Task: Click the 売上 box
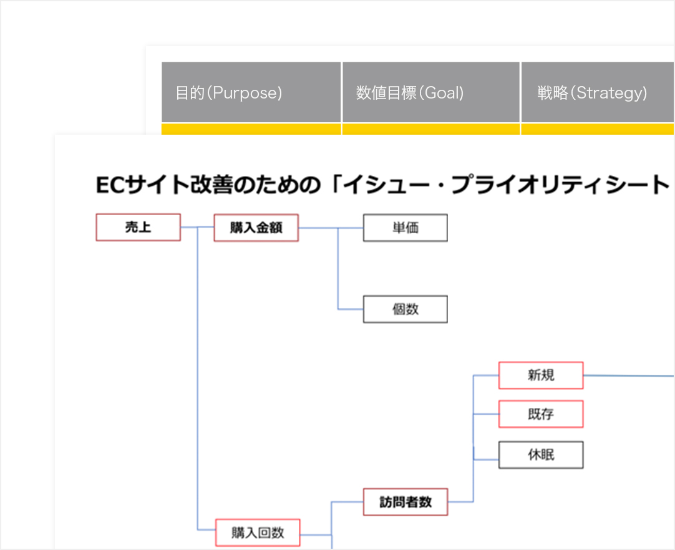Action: coord(138,228)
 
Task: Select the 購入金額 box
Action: coord(256,228)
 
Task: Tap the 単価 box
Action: coord(405,228)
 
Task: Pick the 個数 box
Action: coord(405,309)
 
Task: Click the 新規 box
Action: coord(540,375)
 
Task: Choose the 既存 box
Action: coord(540,414)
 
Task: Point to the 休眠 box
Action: coord(540,455)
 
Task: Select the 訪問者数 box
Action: coord(405,501)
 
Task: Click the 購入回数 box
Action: coord(257,533)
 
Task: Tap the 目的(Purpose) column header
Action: coord(251,93)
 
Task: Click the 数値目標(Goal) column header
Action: coord(430,93)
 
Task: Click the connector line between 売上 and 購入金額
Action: coord(197,228)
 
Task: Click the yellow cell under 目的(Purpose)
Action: coord(251,129)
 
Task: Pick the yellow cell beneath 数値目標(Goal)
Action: coord(430,129)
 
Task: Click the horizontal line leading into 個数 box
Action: coord(351,309)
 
